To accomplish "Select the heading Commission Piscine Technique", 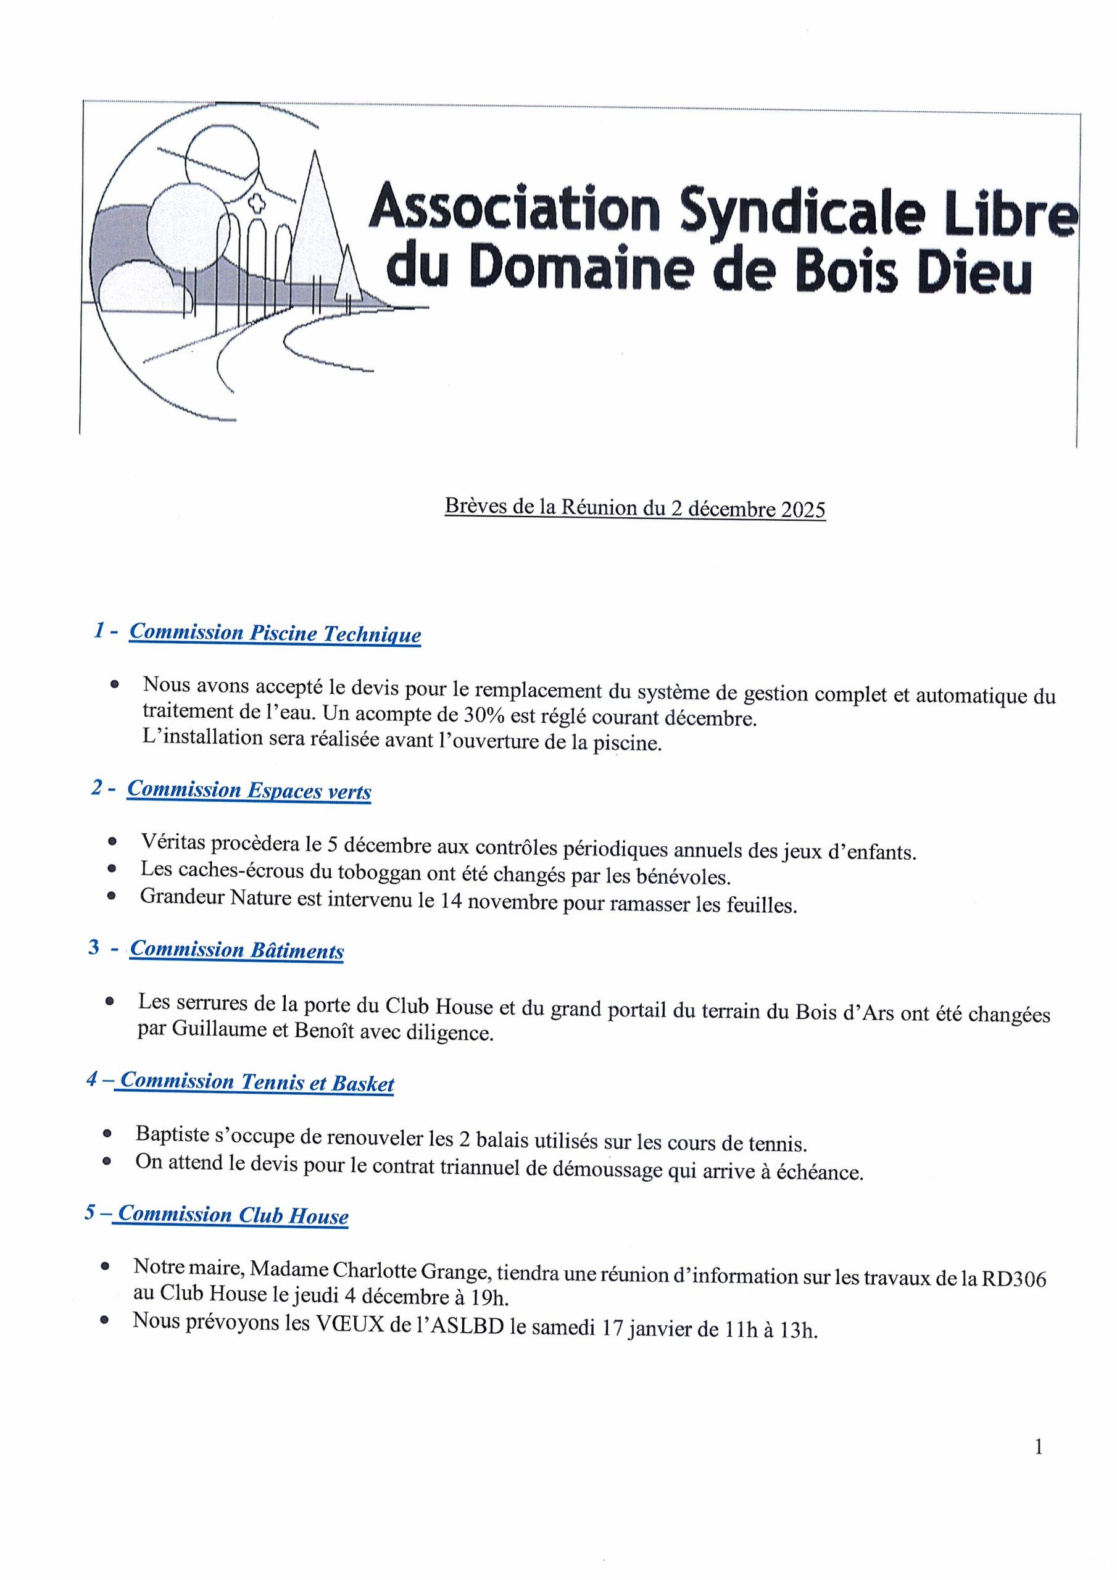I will click(x=275, y=633).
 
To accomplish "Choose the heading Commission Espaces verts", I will click(x=249, y=790).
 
